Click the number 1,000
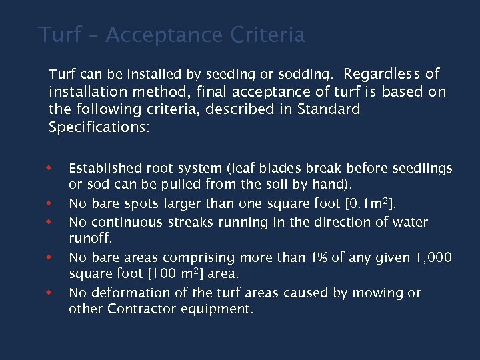433,257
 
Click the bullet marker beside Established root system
48,166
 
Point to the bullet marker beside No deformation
48,291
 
